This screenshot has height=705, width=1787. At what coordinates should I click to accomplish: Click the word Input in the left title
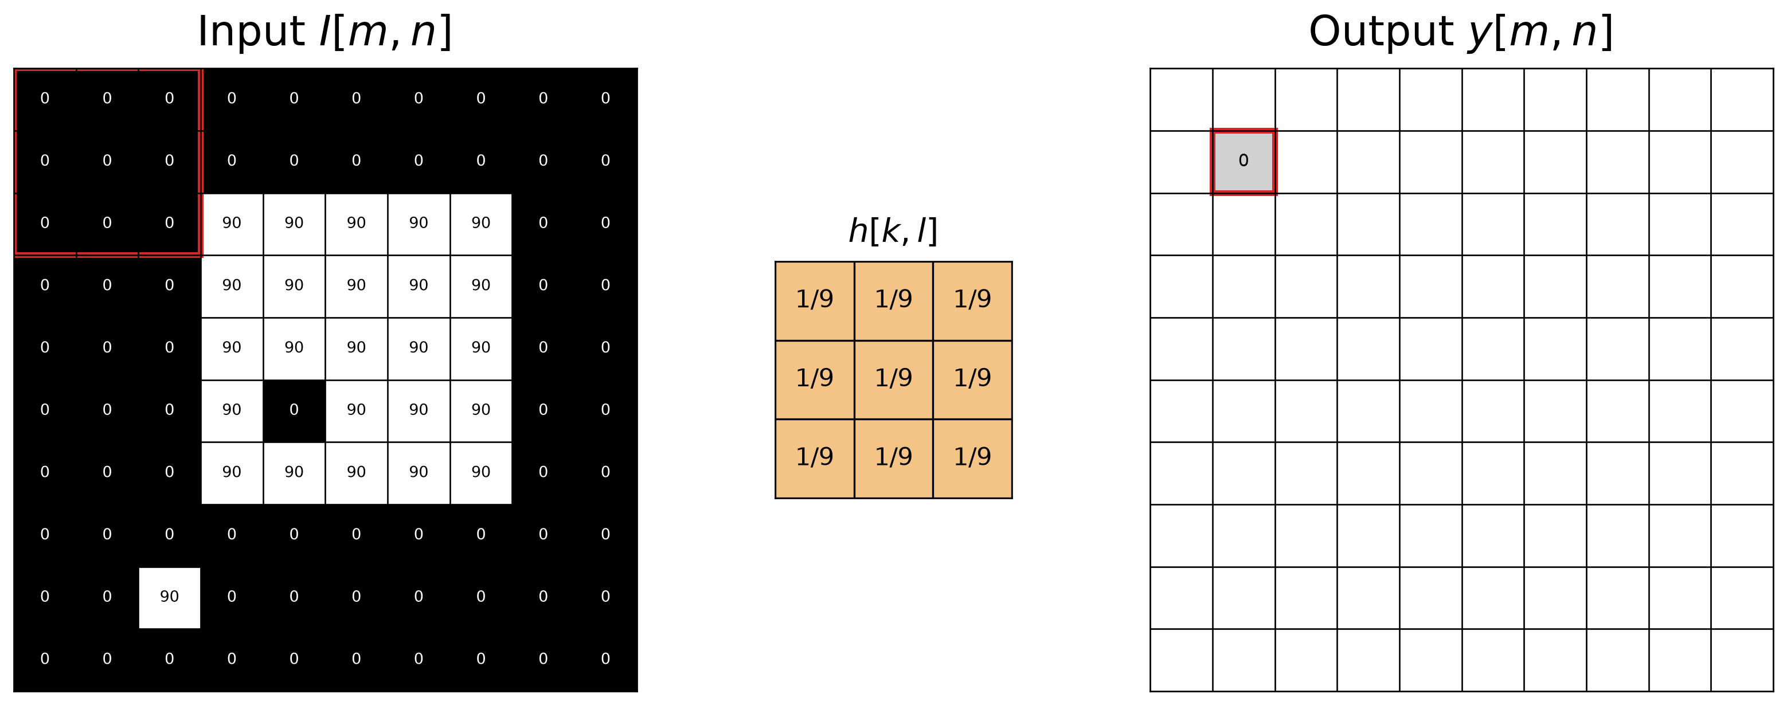pos(251,32)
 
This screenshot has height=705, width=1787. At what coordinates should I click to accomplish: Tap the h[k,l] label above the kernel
pos(893,231)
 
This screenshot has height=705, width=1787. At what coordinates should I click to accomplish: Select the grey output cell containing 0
pos(1243,162)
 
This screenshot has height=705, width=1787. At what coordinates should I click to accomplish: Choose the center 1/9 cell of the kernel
pos(893,379)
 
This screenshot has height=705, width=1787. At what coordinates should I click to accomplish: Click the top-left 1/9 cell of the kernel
pos(815,301)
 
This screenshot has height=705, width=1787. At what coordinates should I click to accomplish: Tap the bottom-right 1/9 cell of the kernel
pos(972,458)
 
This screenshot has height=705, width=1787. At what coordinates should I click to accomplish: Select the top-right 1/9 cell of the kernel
pos(972,301)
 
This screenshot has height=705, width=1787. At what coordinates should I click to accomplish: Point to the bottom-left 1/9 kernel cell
pos(815,458)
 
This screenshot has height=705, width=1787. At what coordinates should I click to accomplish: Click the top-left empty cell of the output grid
pos(1182,99)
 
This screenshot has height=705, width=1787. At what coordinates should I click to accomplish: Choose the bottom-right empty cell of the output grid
pos(1742,660)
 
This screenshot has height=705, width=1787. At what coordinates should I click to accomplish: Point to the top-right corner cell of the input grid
pos(605,99)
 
